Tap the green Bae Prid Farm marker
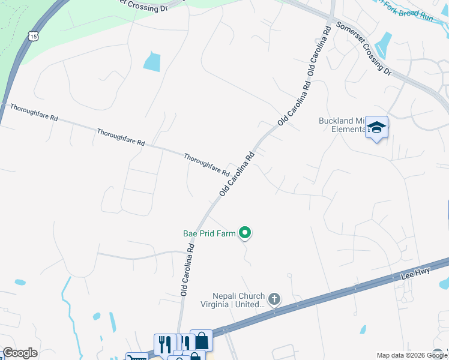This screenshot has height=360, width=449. click(x=244, y=232)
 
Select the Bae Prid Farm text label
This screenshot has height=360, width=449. click(x=209, y=233)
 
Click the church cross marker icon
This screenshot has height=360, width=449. click(x=274, y=298)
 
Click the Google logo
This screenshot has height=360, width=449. click(x=20, y=353)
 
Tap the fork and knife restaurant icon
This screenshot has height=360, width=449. click(x=164, y=344)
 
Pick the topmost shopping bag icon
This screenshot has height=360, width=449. click(x=201, y=340)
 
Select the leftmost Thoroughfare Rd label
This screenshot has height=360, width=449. click(x=33, y=113)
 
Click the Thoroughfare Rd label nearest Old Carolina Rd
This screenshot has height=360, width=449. click(x=206, y=164)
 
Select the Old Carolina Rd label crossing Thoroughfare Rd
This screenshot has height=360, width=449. click(x=237, y=173)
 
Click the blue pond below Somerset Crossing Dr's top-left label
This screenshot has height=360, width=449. click(x=152, y=62)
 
